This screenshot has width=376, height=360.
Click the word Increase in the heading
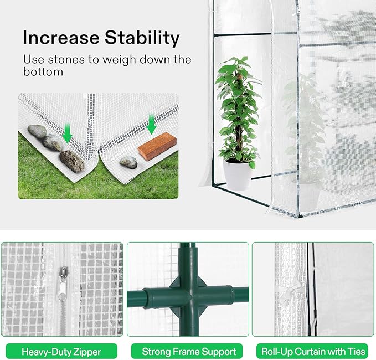pyautogui.click(x=61, y=38)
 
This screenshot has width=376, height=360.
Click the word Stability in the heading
pyautogui.click(x=142, y=38)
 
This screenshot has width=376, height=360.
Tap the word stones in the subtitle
pyautogui.click(x=66, y=59)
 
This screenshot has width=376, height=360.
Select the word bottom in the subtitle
pyautogui.click(x=43, y=71)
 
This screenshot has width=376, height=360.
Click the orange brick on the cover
pyautogui.click(x=157, y=146)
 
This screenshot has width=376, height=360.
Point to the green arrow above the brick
pyautogui.click(x=151, y=124)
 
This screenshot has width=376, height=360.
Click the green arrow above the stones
pyautogui.click(x=67, y=133)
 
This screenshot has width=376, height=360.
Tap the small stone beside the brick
pyautogui.click(x=128, y=162)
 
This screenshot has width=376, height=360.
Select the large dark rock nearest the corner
pyautogui.click(x=72, y=161)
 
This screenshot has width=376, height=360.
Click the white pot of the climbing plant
pyautogui.click(x=237, y=174)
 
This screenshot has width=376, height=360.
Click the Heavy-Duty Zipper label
pyautogui.click(x=61, y=352)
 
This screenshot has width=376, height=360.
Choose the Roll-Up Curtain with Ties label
pyautogui.click(x=312, y=352)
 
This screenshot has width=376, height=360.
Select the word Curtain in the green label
pyautogui.click(x=310, y=352)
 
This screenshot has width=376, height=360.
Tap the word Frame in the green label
pyautogui.click(x=186, y=352)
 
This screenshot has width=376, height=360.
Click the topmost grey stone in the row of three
pyautogui.click(x=37, y=131)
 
